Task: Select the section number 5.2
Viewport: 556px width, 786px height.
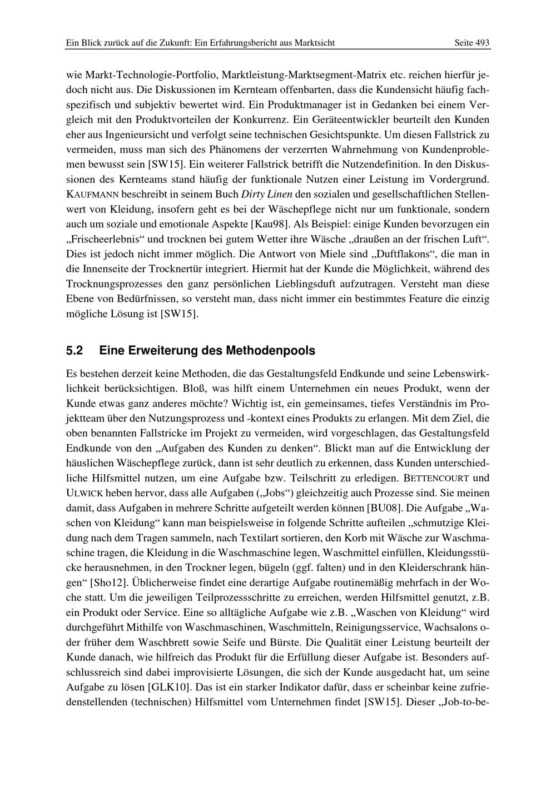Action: [x=75, y=351]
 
